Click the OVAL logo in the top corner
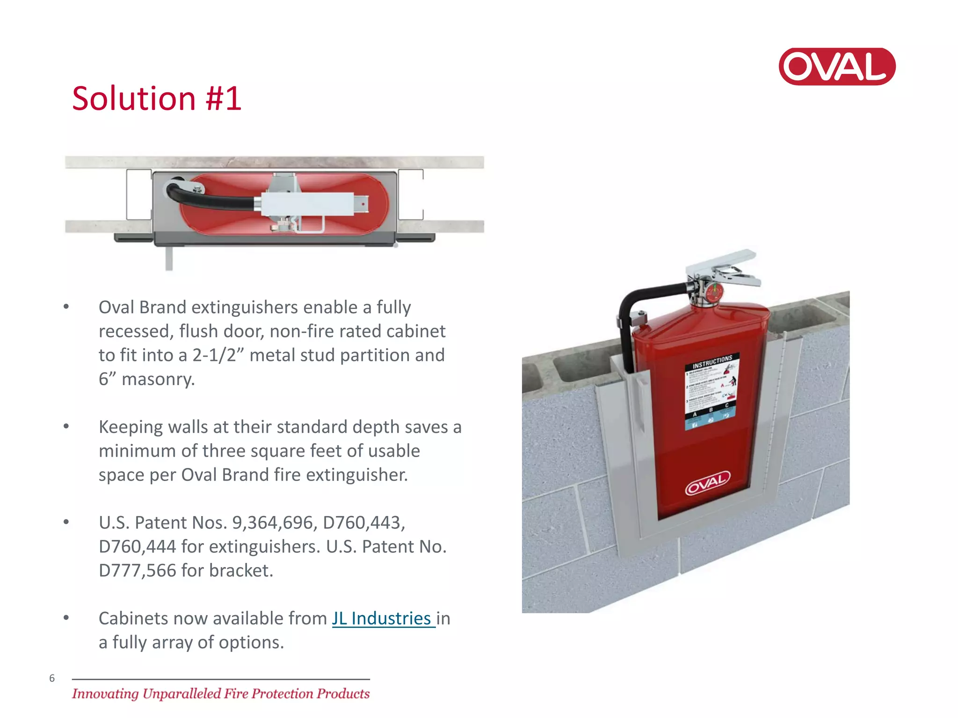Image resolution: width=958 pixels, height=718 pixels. click(x=837, y=66)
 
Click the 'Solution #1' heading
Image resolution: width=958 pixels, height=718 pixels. click(x=157, y=99)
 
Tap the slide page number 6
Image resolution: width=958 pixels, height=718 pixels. click(x=52, y=678)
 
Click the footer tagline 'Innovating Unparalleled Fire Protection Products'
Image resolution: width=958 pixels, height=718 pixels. click(x=221, y=694)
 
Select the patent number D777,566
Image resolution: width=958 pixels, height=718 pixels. click(x=138, y=571)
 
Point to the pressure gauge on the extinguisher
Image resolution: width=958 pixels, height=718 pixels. click(x=714, y=293)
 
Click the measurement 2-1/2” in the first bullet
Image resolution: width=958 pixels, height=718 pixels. click(x=218, y=355)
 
